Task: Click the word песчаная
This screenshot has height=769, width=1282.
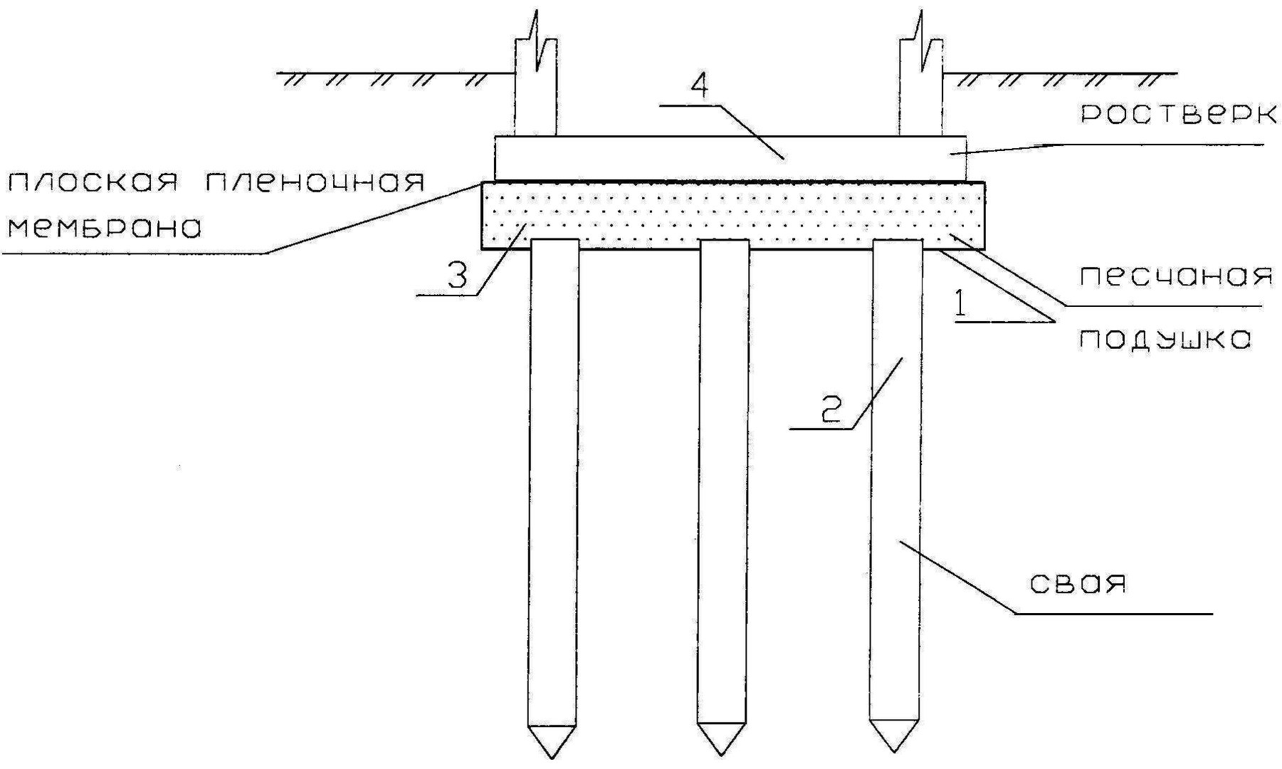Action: (x=1176, y=276)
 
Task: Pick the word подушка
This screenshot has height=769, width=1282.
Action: (x=1164, y=340)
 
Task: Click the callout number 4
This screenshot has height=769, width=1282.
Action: (x=700, y=86)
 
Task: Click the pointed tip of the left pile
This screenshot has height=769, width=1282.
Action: (x=552, y=758)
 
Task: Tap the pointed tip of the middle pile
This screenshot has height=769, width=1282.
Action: (x=723, y=754)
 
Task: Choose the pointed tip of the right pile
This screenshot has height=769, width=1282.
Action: (x=893, y=752)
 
